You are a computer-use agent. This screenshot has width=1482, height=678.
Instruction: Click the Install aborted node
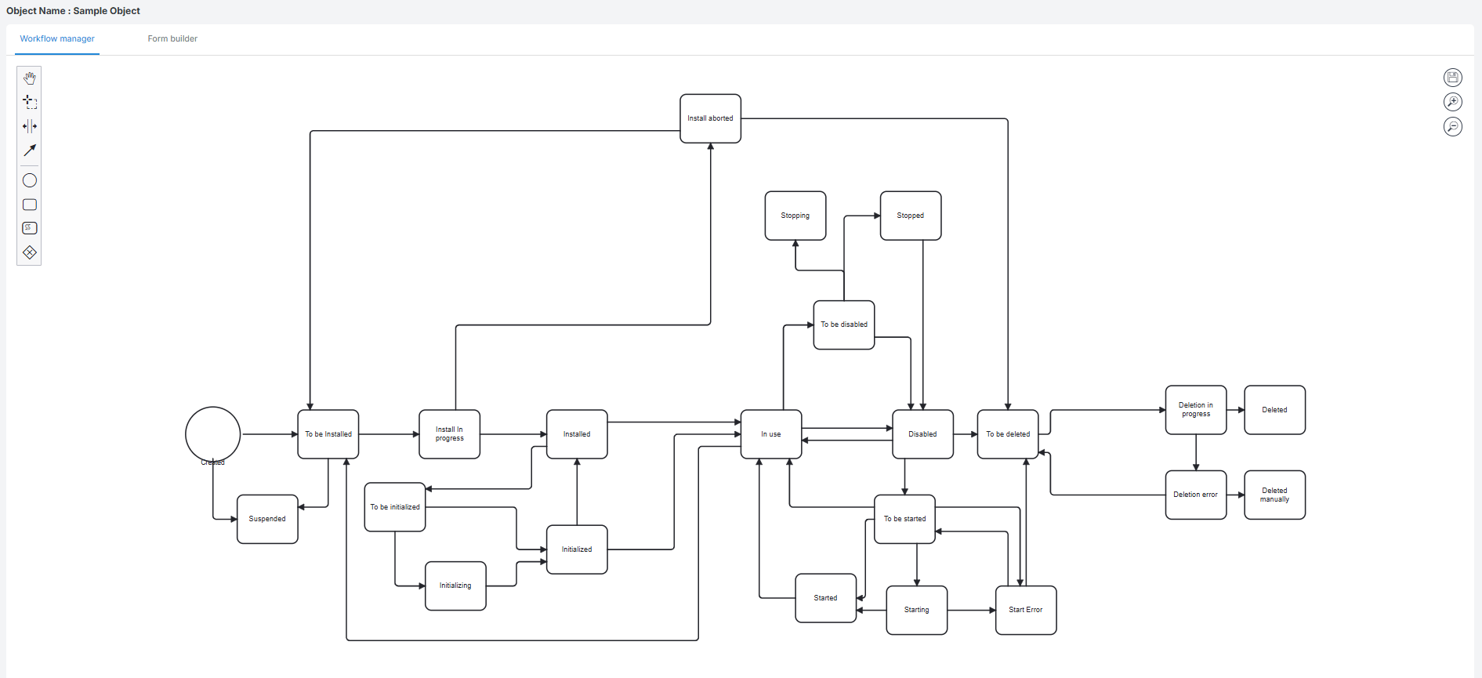[710, 118]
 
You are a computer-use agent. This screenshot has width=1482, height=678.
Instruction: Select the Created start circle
[212, 433]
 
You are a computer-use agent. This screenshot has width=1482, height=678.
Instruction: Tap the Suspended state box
[267, 519]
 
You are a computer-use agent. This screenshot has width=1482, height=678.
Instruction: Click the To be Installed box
[328, 434]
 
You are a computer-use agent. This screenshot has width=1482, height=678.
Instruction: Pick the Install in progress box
[449, 434]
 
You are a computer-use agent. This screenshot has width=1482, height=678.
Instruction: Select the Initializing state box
[455, 586]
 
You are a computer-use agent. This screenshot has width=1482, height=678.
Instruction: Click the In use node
[770, 434]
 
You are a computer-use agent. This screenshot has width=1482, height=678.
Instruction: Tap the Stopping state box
[795, 216]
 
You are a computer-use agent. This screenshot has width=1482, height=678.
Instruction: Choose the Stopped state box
[910, 216]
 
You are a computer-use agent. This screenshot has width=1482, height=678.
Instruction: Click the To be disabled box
[843, 324]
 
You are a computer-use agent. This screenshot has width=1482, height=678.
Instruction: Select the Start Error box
[1025, 610]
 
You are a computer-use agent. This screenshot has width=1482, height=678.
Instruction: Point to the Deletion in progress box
[1195, 410]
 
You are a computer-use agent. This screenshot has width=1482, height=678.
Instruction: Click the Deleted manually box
[1274, 495]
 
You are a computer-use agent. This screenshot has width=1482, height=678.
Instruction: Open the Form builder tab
[172, 38]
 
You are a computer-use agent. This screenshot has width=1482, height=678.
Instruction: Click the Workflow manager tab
[57, 38]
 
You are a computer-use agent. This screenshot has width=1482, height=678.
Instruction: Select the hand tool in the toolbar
[30, 78]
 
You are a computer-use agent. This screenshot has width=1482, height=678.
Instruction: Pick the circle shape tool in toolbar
[30, 180]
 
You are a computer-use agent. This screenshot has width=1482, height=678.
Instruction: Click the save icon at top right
[1452, 77]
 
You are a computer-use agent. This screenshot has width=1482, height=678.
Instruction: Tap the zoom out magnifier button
[1452, 126]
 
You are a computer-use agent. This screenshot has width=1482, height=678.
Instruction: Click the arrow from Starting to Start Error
[971, 610]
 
